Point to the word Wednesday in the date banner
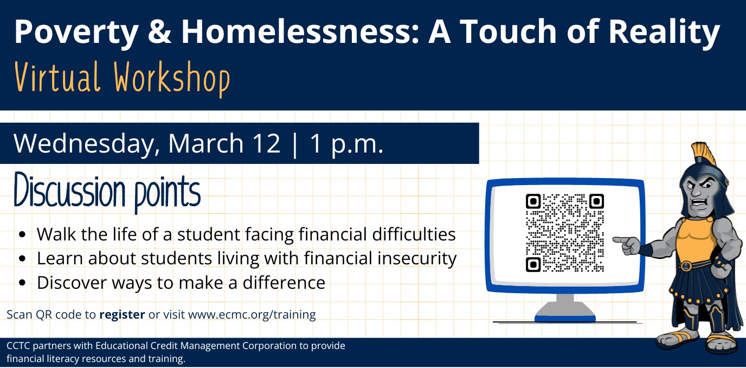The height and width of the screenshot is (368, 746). pos(87,143)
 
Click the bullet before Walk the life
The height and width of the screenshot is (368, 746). pos(22,235)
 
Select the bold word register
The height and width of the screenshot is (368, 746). pos(122,314)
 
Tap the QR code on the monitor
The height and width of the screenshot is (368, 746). pos(564,233)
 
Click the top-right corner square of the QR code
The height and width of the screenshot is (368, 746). pos(596,201)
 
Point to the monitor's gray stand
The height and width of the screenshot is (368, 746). pos(565,304)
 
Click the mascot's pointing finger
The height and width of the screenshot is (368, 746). pos(619,239)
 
